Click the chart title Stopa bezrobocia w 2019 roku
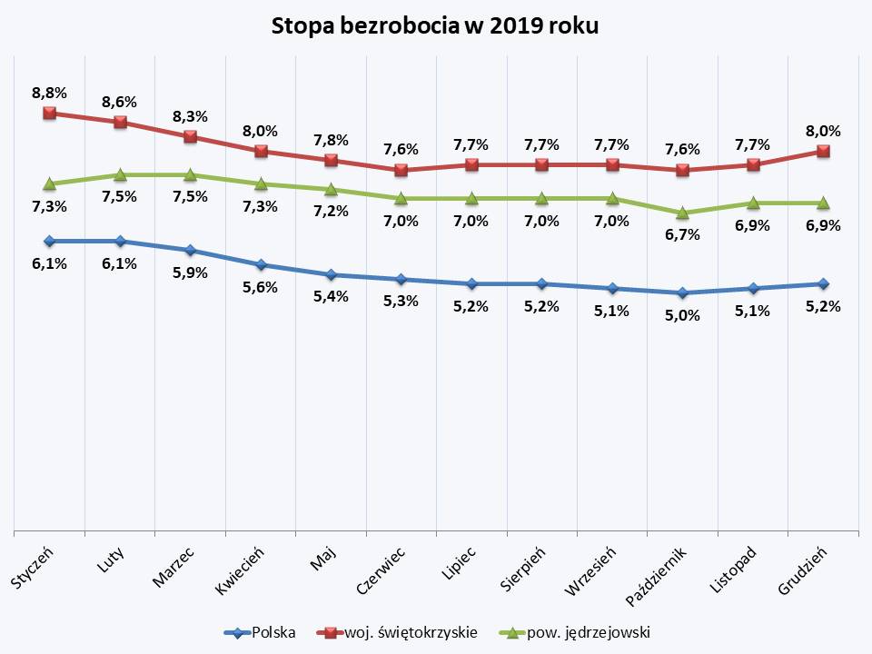[x=436, y=26]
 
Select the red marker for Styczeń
[x=50, y=114]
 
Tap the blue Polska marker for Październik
[x=682, y=292]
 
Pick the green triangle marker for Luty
[x=120, y=174]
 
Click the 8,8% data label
[x=50, y=93]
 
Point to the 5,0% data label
[x=682, y=315]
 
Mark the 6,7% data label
[x=682, y=235]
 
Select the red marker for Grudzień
[x=823, y=151]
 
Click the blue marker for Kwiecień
[x=261, y=264]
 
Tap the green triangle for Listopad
[x=753, y=203]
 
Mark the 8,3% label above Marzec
[x=191, y=116]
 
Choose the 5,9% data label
[x=191, y=272]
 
